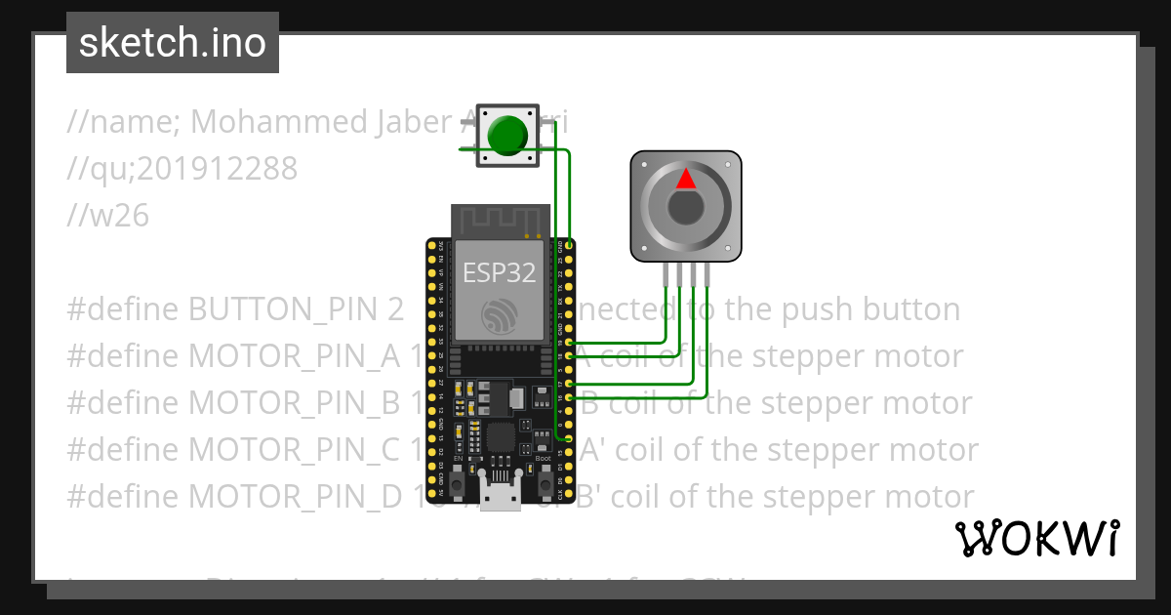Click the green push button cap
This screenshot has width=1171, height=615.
tap(505, 136)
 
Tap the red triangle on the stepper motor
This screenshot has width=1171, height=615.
tap(686, 180)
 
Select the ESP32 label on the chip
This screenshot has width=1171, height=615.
tap(500, 272)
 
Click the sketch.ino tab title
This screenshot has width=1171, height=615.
tap(173, 43)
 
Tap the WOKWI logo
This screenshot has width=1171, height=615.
tap(1036, 539)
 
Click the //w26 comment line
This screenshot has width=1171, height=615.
tap(108, 216)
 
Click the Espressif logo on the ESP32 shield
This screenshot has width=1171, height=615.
tap(500, 315)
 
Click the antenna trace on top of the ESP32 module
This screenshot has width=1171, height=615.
tap(500, 220)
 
